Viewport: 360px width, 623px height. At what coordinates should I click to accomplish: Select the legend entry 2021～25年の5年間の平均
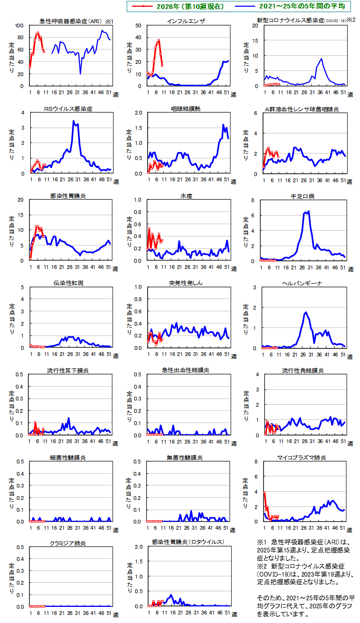click(302, 7)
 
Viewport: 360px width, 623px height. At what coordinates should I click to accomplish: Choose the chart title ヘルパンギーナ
click(303, 283)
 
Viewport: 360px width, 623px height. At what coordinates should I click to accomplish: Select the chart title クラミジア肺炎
click(68, 543)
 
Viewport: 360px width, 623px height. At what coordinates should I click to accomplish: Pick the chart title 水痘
click(186, 196)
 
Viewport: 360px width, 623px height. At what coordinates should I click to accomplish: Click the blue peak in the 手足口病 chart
click(308, 211)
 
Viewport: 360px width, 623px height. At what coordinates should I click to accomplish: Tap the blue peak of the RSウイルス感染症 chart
click(73, 121)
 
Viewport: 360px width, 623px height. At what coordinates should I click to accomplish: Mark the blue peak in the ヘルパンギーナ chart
click(306, 312)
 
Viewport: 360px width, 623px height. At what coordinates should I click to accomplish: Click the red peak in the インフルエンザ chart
click(159, 40)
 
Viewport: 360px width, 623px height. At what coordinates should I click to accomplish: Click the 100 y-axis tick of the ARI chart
click(19, 26)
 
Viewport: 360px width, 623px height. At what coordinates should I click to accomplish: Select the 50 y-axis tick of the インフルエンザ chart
click(138, 26)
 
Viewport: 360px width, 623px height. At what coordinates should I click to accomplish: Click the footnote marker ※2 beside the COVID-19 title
click(350, 20)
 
